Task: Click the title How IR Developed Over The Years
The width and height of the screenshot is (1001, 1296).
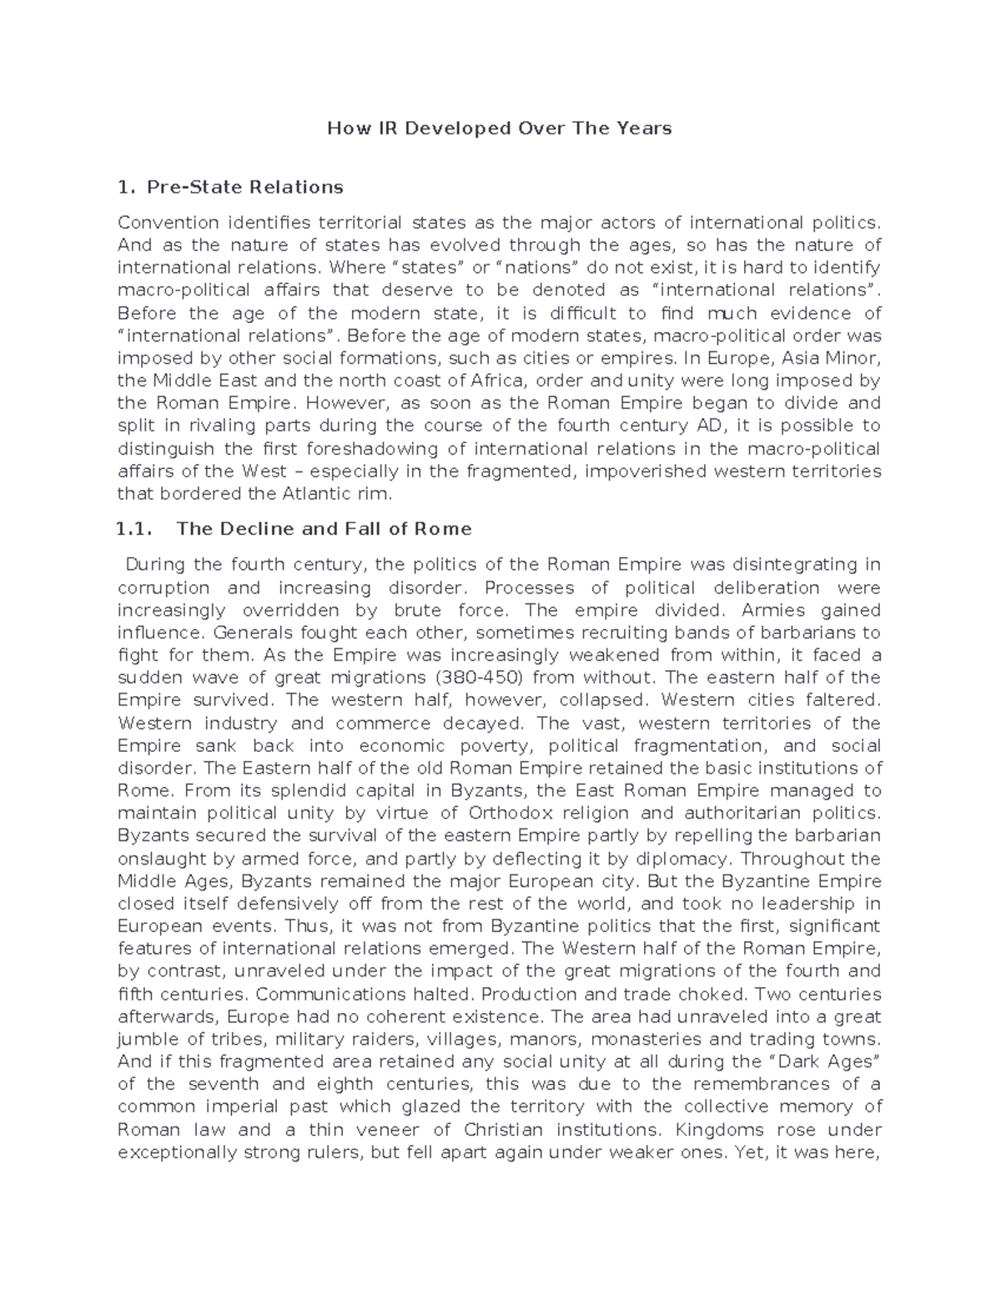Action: tap(499, 129)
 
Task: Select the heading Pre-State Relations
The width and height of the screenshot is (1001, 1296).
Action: tap(244, 187)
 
